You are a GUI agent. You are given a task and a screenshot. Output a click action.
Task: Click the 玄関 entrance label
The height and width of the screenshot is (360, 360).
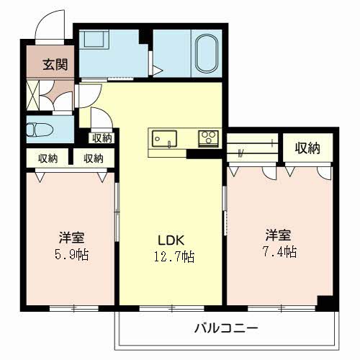[55, 65]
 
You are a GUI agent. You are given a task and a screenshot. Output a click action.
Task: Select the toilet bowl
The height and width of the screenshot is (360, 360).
[35, 130]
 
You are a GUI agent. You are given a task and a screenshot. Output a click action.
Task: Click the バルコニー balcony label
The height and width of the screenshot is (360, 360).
[225, 329]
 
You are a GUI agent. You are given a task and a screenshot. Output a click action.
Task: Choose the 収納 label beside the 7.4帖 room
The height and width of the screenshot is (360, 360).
[307, 149]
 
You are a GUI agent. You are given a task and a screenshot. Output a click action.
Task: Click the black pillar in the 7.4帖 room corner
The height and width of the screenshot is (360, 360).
[325, 303]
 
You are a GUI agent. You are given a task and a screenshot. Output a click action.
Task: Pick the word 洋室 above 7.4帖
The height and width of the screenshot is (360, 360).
[278, 235]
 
